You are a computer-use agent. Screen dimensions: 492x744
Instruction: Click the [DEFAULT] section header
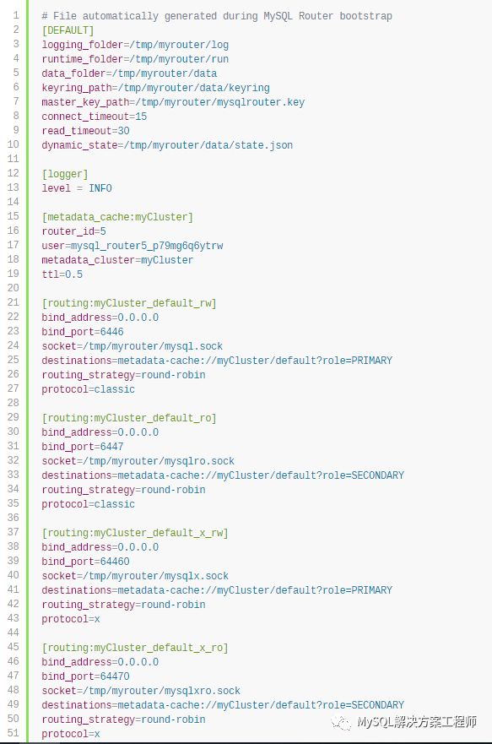pos(68,30)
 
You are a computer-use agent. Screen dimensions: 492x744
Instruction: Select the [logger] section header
pos(65,174)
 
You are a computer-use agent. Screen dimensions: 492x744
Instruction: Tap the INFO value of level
pos(100,188)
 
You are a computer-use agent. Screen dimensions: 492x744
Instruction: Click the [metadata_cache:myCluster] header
pos(117,217)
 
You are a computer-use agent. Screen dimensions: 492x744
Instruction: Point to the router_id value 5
pos(103,231)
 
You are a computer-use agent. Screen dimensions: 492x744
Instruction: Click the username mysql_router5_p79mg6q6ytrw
pos(147,246)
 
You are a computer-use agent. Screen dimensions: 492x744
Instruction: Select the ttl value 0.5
pos(74,274)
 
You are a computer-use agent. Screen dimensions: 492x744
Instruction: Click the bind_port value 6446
pos(112,332)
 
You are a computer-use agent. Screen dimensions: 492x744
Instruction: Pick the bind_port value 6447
pos(112,447)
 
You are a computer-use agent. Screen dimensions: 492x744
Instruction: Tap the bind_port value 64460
pos(115,562)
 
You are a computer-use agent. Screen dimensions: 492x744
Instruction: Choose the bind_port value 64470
pos(115,676)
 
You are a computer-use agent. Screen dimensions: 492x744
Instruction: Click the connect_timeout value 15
pos(141,117)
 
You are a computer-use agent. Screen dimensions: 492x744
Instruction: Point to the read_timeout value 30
pos(124,131)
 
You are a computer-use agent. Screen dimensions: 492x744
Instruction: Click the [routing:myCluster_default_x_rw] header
pos(135,533)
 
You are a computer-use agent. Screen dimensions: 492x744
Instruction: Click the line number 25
pos(14,360)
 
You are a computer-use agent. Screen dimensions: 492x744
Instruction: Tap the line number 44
pos(14,633)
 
